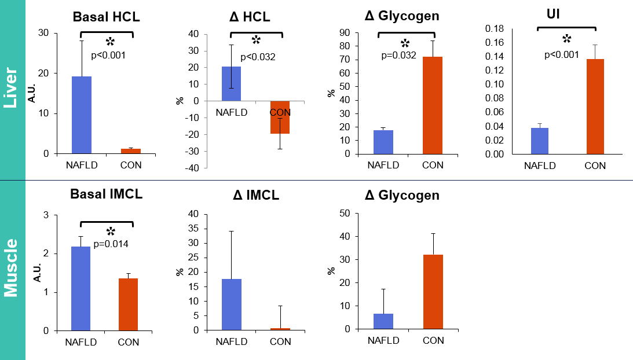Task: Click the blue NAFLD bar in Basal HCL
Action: pos(81,115)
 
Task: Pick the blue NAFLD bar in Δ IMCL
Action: pos(231,304)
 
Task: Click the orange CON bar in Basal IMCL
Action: pos(128,304)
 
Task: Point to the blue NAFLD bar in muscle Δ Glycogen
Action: pos(383,321)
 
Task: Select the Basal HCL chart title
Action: pos(107,17)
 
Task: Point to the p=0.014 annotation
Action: pos(111,244)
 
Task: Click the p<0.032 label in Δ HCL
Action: pos(258,57)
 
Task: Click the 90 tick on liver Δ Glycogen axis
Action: pos(345,33)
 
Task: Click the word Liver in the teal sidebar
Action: pos(12,90)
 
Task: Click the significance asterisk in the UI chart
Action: pos(566,39)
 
